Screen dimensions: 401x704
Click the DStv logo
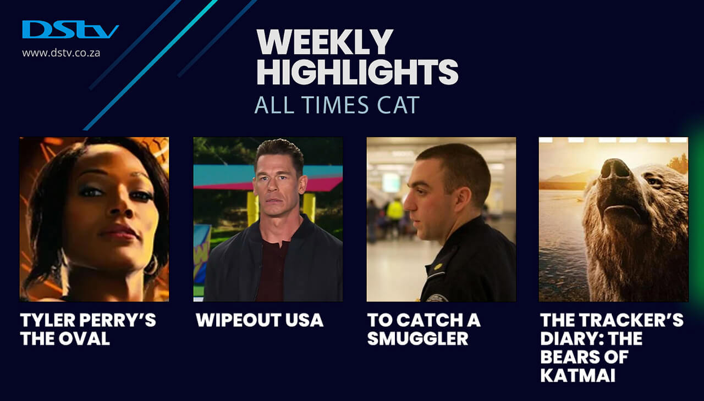point(70,30)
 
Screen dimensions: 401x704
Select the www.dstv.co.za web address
point(61,53)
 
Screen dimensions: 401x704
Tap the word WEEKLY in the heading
point(324,42)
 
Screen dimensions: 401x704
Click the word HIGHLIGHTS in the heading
point(358,72)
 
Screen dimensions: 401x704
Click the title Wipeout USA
point(260,320)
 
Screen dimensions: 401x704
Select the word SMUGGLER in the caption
point(417,338)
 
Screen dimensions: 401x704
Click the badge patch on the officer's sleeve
point(437,297)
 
